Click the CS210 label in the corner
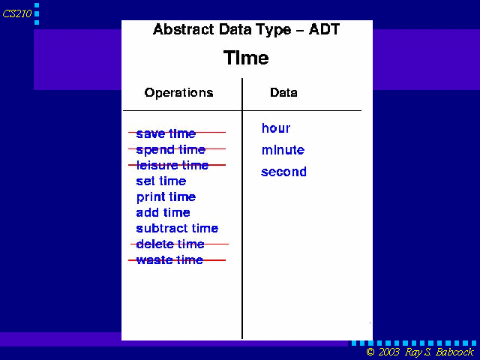17,13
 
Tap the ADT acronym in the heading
324,29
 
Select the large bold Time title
246,58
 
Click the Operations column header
178,92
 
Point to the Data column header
283,92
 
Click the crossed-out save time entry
166,133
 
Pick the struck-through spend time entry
170,150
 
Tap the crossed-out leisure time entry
172,165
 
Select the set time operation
161,181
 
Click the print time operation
166,197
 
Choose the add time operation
163,212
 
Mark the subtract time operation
177,228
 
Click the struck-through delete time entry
170,244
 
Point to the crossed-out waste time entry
169,260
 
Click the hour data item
276,128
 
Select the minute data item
283,150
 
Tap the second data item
283,172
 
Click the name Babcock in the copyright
455,352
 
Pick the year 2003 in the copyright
388,352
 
